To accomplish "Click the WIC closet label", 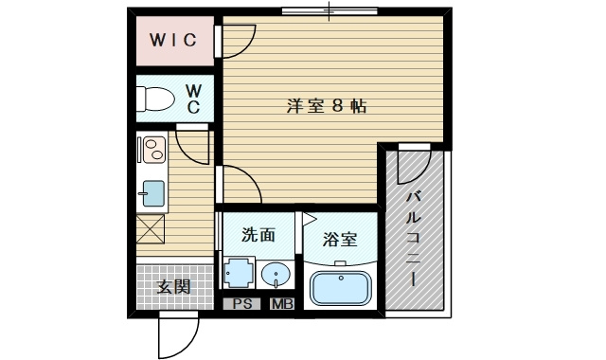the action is (x=173, y=40).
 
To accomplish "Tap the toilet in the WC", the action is (x=155, y=99).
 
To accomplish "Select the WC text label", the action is (x=193, y=99).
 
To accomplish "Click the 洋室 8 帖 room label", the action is (x=327, y=106).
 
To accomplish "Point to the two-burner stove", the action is (x=153, y=150).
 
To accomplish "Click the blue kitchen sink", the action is (x=153, y=193).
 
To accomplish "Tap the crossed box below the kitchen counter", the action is (x=151, y=229).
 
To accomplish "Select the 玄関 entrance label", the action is (x=174, y=287).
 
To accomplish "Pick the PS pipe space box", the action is (x=243, y=304).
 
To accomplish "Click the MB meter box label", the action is (x=282, y=304).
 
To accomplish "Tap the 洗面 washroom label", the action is (x=258, y=235).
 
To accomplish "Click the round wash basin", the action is (x=276, y=275).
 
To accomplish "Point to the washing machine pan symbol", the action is (x=239, y=273).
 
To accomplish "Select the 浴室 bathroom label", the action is (x=340, y=240).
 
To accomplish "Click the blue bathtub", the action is (x=341, y=288).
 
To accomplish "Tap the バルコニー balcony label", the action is (x=413, y=239).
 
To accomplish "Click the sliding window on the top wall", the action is (x=330, y=11).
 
